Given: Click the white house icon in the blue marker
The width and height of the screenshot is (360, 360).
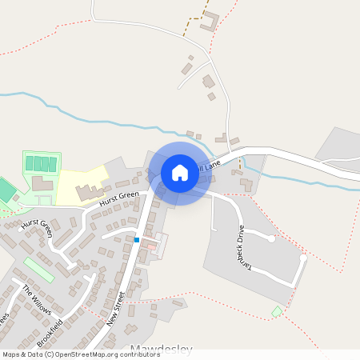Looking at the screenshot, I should pyautogui.click(x=180, y=172).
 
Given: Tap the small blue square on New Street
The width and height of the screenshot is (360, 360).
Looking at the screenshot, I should pyautogui.click(x=137, y=239).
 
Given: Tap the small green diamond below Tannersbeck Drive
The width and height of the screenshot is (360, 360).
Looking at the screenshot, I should pyautogui.click(x=277, y=310).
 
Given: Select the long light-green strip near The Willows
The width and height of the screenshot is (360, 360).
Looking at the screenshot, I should pyautogui.click(x=38, y=269).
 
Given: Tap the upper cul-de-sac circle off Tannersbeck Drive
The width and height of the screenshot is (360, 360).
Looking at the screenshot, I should pyautogui.click(x=272, y=238).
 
